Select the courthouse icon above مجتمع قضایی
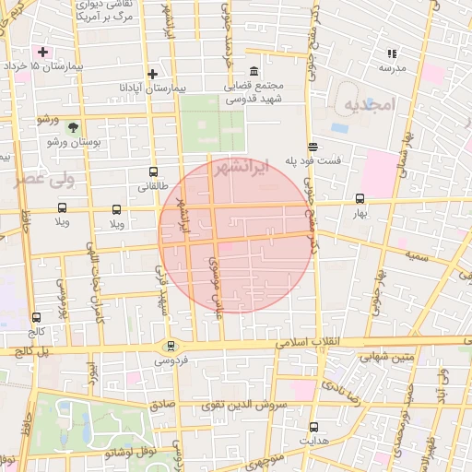[x=254, y=72]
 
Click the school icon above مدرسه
[x=392, y=53]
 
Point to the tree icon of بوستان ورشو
[x=73, y=127]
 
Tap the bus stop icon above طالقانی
[x=153, y=171]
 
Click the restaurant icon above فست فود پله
[x=313, y=146]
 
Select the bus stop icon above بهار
[x=360, y=198]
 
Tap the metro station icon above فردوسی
[x=170, y=346]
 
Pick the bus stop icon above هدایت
[x=314, y=427]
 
